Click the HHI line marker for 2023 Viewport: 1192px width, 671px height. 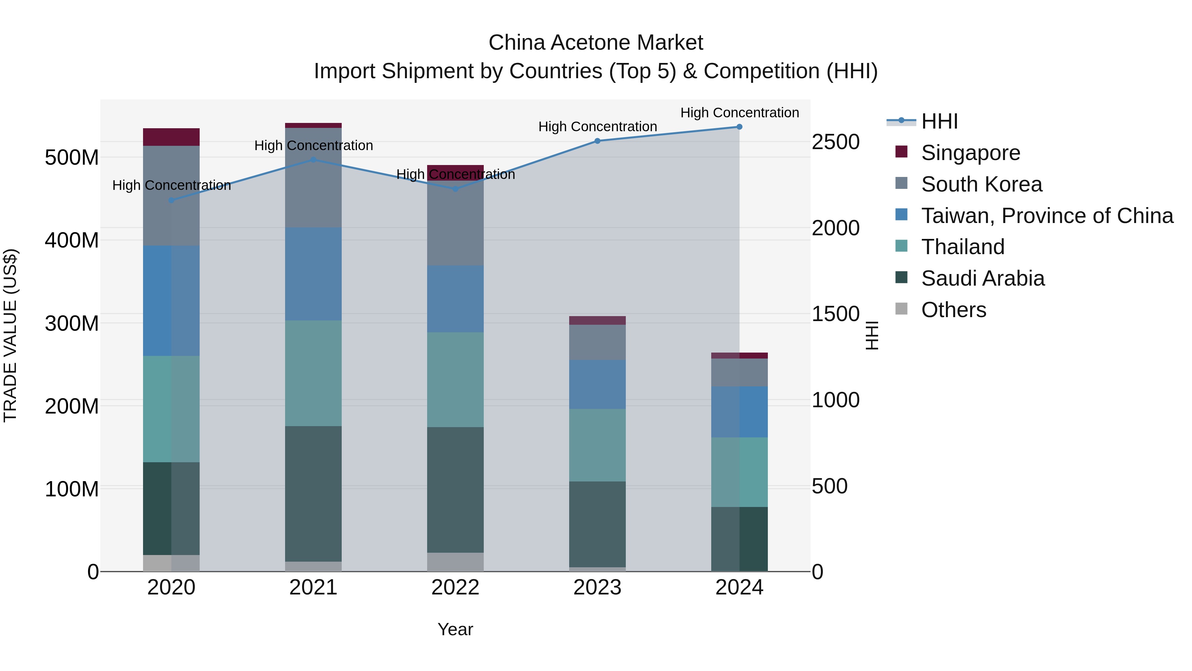coord(597,141)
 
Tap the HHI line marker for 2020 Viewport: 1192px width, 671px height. coord(171,200)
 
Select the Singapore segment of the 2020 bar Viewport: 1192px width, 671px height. coord(171,137)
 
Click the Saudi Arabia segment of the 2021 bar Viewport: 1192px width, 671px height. coord(313,494)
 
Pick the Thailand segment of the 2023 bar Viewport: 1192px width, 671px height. coord(597,445)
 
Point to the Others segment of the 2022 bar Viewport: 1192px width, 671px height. coord(455,562)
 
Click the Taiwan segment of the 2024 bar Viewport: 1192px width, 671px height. coord(739,412)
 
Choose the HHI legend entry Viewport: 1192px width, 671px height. coord(939,121)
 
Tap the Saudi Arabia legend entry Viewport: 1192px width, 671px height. coord(982,278)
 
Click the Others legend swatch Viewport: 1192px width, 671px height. coord(901,309)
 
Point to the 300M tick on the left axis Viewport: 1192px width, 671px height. coord(72,323)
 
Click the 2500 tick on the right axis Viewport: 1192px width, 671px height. coord(835,142)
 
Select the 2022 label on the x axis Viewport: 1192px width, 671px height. coord(455,587)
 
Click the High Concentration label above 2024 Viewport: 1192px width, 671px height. coord(739,113)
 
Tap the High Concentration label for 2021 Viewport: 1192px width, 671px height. coord(313,145)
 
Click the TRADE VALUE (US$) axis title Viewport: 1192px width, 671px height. coord(10,335)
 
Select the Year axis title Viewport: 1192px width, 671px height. coord(455,629)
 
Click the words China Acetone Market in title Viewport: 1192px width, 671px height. coord(596,43)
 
